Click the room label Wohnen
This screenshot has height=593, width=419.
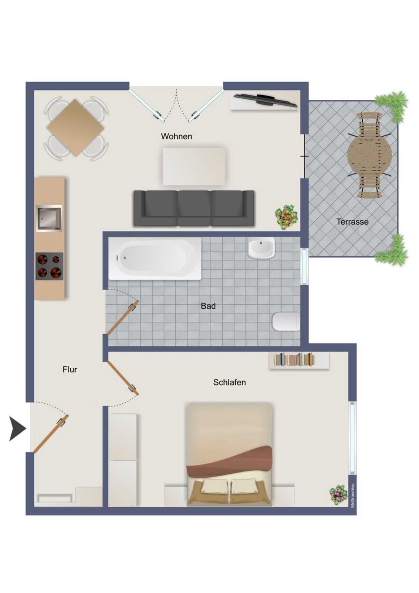coord(177,137)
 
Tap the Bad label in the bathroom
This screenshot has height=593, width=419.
coord(208,306)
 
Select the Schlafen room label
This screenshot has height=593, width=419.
coord(229,382)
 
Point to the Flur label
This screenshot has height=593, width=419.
coord(70,369)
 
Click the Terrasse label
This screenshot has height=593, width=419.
coord(352,222)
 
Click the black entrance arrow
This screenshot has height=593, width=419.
coord(17,428)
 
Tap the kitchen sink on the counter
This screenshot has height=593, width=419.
coord(49,218)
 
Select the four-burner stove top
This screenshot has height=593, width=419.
coord(50,266)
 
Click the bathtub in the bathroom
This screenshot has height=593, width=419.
coord(155,258)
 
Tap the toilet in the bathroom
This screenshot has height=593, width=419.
coord(286,322)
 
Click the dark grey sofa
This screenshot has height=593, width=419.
coord(194,208)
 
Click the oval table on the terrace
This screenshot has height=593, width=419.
coord(369,155)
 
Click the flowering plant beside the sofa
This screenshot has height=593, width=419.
coord(286,217)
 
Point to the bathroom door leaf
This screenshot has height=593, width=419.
coord(122,317)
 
